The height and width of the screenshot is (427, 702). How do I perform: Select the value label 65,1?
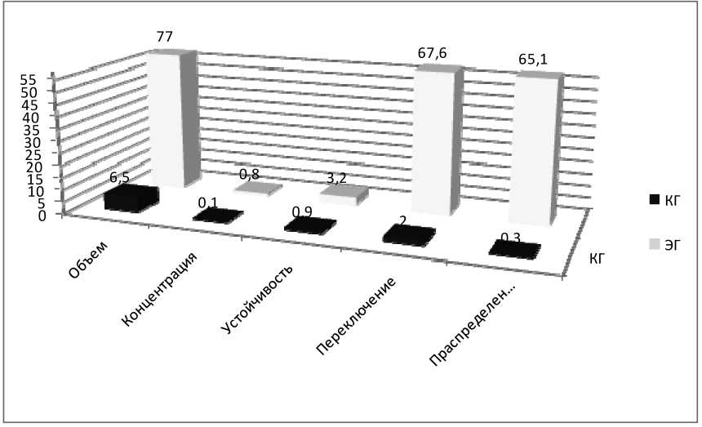tap(533, 60)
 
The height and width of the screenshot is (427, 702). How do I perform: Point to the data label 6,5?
tap(127, 177)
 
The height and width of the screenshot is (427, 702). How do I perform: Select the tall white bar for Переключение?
tap(437, 143)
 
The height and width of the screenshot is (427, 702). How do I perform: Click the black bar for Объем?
tap(131, 198)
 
